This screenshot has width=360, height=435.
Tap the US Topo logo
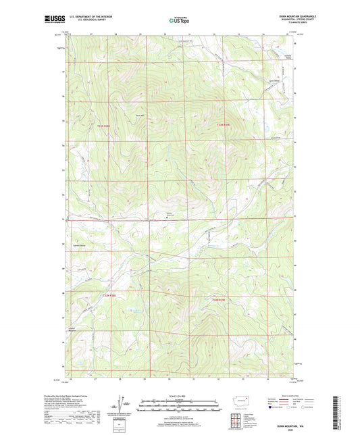(x=180, y=20)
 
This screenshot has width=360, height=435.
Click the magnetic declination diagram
(x=120, y=403)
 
